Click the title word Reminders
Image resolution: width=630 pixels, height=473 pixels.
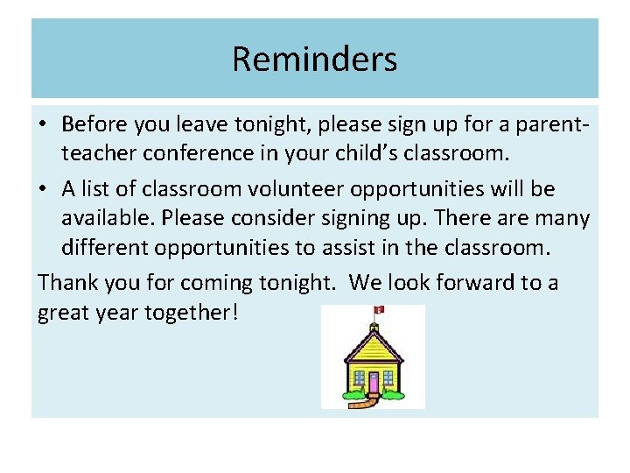pyautogui.click(x=315, y=60)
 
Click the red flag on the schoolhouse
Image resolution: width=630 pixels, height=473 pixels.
pyautogui.click(x=379, y=309)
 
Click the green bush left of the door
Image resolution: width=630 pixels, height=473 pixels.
pyautogui.click(x=351, y=395)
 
